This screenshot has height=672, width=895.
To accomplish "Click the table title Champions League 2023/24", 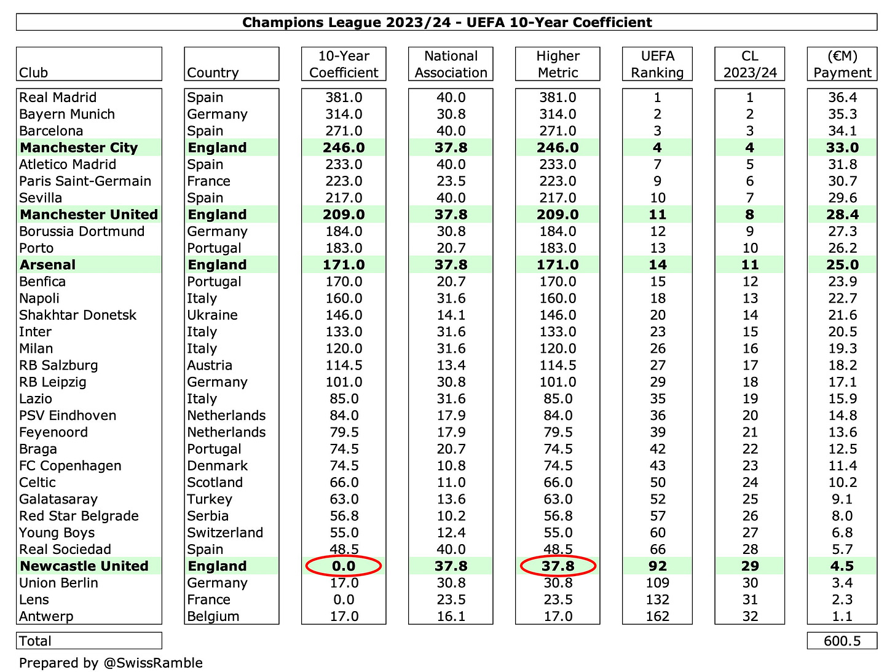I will point(447,23).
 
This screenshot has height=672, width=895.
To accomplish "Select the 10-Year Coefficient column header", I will point(344,64).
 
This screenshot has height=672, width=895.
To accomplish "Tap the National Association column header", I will point(451,64).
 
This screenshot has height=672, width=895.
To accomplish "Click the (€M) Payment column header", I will point(842,64).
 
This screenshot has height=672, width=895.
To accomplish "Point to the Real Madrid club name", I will point(58,98).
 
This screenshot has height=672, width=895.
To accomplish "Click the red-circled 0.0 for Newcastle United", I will point(344,566).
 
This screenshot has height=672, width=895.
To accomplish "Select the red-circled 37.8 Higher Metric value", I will point(558,566).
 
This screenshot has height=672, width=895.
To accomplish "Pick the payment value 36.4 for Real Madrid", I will point(842,98).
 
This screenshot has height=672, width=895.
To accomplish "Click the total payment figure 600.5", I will point(842,641).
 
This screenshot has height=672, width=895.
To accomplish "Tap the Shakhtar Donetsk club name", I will point(77,315).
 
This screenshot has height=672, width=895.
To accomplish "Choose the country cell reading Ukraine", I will point(213,315).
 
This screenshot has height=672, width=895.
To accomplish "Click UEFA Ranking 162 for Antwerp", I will point(657,617).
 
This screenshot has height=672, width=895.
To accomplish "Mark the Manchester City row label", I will point(79,148).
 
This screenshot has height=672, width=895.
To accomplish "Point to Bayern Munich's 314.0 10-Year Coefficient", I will point(344,114).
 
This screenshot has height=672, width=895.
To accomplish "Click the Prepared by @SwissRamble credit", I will point(111,663).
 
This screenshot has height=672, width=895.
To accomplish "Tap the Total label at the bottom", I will point(35,641).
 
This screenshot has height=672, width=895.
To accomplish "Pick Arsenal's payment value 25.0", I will point(842,265).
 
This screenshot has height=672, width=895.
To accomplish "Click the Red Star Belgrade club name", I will point(79,516).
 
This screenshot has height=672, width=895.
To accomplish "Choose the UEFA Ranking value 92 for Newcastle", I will point(657,566).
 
